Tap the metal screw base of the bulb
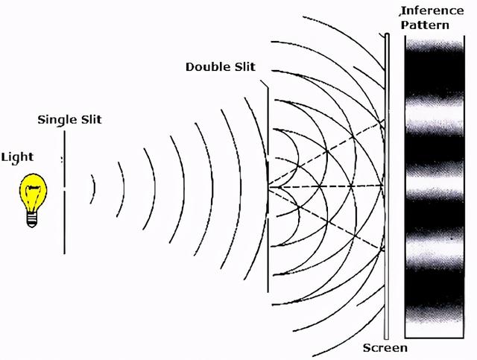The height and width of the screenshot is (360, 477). coord(32,220)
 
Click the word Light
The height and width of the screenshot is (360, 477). coord(17,158)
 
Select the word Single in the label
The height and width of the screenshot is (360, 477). coord(57,119)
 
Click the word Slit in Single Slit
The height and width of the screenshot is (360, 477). coord(91,119)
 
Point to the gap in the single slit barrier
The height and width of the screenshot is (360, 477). coord(65,189)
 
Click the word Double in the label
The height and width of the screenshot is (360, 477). coord(207,67)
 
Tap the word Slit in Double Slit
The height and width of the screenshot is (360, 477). coord(244,67)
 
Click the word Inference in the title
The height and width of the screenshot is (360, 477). coord(432,11)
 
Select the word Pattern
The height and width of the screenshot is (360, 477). coord(425,25)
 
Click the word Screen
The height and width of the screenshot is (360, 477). coord(385,348)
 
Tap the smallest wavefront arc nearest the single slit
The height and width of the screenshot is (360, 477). coord(94,189)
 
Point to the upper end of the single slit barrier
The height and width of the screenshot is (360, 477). coord(65,131)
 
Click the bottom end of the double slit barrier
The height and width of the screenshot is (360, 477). coord(268,291)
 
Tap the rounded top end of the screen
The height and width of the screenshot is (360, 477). coord(387,35)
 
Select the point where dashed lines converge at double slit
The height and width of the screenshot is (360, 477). coord(269,187)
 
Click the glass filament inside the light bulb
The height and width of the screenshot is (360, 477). coord(33,194)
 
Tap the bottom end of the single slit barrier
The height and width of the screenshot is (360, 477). coord(65,253)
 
